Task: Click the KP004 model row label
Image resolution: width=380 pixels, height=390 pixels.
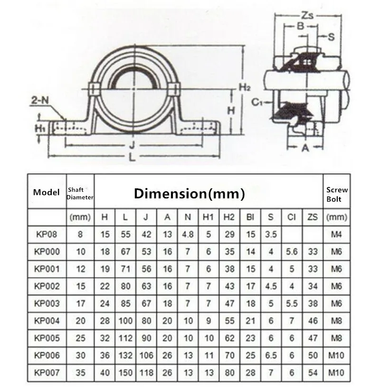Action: tap(47, 321)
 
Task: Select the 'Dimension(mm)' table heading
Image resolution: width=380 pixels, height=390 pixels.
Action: tap(189, 193)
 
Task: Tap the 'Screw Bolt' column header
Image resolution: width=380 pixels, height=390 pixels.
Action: tap(337, 194)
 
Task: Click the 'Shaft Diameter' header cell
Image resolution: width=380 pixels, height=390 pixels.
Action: tap(80, 194)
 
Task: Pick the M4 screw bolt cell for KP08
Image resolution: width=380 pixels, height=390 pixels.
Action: tap(337, 234)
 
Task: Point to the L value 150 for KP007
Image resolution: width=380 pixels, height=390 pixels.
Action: tap(126, 372)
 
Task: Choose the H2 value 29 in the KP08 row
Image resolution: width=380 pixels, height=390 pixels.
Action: tap(229, 234)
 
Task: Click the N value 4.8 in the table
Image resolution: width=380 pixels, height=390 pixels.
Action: tap(188, 234)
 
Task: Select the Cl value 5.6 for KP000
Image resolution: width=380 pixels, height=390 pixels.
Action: tap(291, 251)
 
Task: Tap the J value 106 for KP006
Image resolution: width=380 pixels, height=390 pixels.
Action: tap(147, 355)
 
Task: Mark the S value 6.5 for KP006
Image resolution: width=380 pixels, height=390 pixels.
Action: tap(271, 355)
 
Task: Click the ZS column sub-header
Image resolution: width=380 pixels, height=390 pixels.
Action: tap(312, 217)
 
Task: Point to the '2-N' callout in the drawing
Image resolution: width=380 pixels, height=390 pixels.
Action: tap(39, 100)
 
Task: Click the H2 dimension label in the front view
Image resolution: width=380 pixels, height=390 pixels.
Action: tap(244, 87)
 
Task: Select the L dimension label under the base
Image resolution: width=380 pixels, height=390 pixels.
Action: tap(132, 158)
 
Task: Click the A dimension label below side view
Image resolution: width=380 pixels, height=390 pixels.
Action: tap(305, 148)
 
